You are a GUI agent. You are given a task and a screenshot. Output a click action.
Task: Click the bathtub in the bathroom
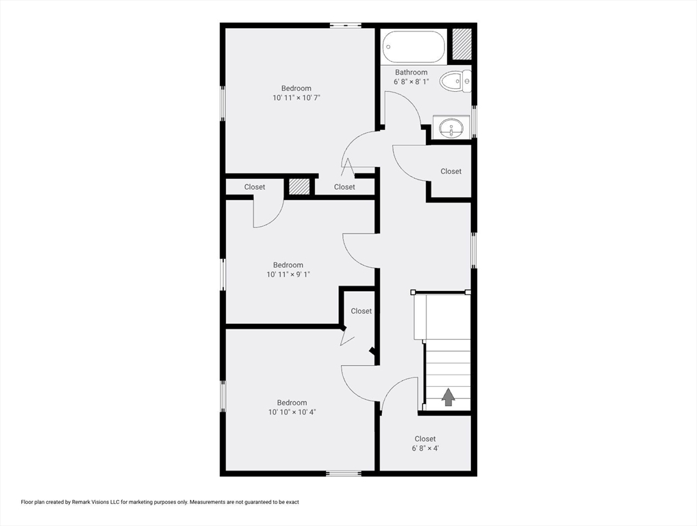pyautogui.click(x=414, y=47)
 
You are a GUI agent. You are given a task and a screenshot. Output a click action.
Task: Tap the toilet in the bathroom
pyautogui.click(x=455, y=81)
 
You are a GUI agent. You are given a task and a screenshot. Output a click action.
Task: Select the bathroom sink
pyautogui.click(x=451, y=128)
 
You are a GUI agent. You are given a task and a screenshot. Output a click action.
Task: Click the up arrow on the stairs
pyautogui.click(x=448, y=397)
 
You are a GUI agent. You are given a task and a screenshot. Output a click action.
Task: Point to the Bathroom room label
pyautogui.click(x=411, y=72)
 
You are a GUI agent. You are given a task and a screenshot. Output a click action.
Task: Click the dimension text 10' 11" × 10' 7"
pyautogui.click(x=296, y=97)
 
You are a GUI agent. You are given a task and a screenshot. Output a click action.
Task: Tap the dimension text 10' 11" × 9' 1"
pyautogui.click(x=288, y=275)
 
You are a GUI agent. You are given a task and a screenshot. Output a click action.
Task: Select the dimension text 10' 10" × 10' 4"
pyautogui.click(x=292, y=412)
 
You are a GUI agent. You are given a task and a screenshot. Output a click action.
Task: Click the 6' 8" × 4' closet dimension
pyautogui.click(x=425, y=448)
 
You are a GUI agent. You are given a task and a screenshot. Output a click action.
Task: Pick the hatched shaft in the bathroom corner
pyautogui.click(x=462, y=44)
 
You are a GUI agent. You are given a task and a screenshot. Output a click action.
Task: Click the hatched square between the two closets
pyautogui.click(x=299, y=187)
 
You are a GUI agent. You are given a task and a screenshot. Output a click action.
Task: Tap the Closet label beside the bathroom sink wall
pyautogui.click(x=451, y=171)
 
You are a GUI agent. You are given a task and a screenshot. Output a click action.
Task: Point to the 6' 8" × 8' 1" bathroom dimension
pyautogui.click(x=411, y=82)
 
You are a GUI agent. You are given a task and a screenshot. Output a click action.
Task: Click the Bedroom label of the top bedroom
pyautogui.click(x=296, y=88)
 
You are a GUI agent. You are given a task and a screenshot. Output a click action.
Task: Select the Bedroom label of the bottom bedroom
pyautogui.click(x=292, y=403)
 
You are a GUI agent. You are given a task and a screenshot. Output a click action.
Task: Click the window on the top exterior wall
pyautogui.click(x=345, y=25)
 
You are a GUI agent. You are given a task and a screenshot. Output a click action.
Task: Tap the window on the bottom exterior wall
pyautogui.click(x=344, y=473)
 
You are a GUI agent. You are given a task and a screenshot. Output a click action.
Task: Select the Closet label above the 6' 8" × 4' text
pyautogui.click(x=425, y=439)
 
